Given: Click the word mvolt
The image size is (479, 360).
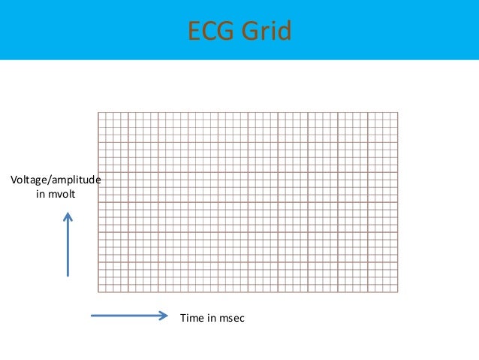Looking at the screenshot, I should coord(62,195).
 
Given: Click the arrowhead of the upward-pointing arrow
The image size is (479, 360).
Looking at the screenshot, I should coord(68,216).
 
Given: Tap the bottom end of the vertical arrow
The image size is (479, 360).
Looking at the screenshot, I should coord(68,276).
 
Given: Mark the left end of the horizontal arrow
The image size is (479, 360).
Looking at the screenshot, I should coord(92,316).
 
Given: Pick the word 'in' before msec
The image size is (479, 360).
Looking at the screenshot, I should coord(212,319).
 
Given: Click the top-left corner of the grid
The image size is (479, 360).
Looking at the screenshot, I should coord(98,112).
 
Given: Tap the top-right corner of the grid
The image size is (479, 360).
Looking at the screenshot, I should coord(398,112).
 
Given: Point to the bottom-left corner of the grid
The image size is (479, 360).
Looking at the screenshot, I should coord(98,292).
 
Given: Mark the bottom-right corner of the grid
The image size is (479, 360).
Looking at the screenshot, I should coord(398,292).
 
